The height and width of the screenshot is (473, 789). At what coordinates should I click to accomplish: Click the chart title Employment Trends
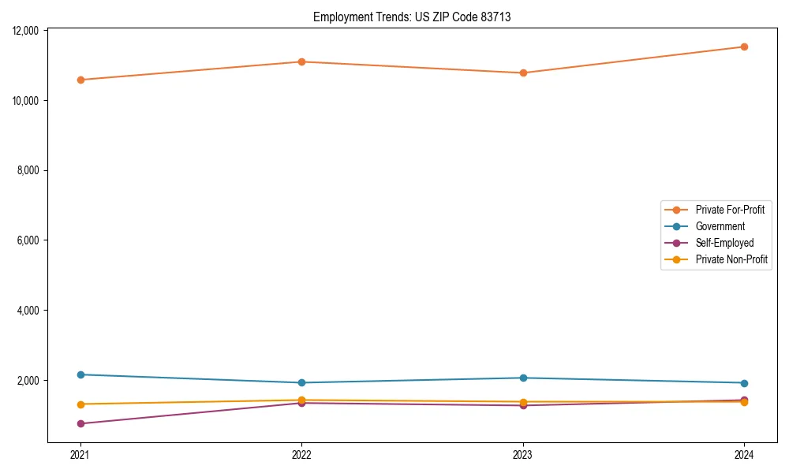point(412,17)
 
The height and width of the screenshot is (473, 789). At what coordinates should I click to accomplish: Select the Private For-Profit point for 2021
point(80,80)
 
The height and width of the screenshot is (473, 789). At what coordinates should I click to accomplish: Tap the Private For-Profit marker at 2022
point(302,61)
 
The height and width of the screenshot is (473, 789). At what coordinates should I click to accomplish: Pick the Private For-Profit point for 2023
point(523,73)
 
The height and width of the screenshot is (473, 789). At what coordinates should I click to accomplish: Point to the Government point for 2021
point(80,374)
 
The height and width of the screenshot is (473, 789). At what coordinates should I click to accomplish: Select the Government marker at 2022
point(302,383)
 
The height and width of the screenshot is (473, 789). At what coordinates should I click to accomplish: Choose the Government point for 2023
point(523,378)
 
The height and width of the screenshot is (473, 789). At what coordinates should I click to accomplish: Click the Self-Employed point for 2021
point(80,423)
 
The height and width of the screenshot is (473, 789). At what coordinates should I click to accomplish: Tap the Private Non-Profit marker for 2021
point(80,404)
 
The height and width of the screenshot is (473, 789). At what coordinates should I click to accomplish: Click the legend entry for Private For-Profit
point(730,210)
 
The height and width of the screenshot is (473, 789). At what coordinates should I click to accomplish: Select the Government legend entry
point(720,226)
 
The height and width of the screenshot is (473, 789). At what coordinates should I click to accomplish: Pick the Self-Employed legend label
point(724,243)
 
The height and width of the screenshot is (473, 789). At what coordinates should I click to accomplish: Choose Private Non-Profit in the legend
point(731,259)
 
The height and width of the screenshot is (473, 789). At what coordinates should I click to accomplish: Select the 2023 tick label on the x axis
point(523,455)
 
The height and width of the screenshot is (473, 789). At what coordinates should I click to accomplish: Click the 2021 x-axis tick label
point(80,455)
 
